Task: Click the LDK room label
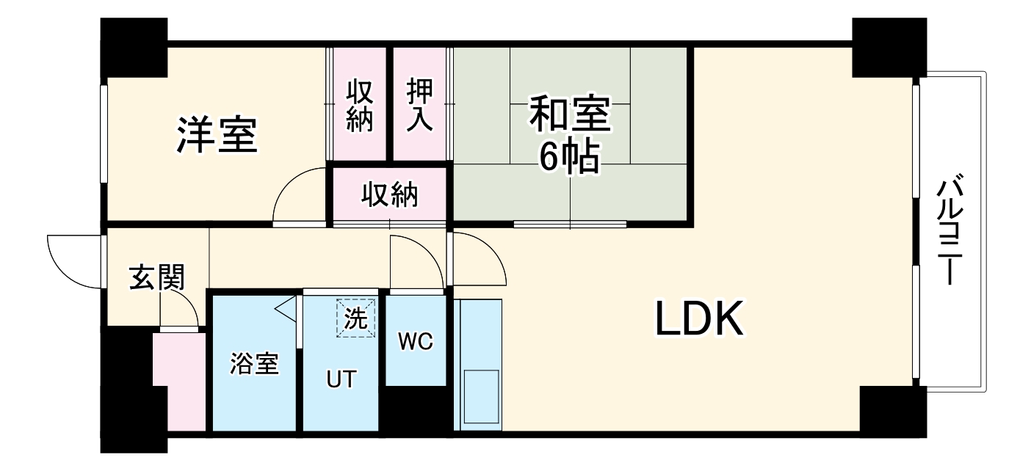click(699, 319)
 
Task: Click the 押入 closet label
click(421, 105)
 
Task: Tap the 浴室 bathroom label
click(254, 363)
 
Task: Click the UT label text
click(341, 379)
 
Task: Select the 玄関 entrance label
click(156, 278)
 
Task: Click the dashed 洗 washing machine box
click(356, 318)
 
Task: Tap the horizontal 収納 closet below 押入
click(389, 195)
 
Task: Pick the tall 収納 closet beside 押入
click(359, 105)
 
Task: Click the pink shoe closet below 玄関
click(180, 381)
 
